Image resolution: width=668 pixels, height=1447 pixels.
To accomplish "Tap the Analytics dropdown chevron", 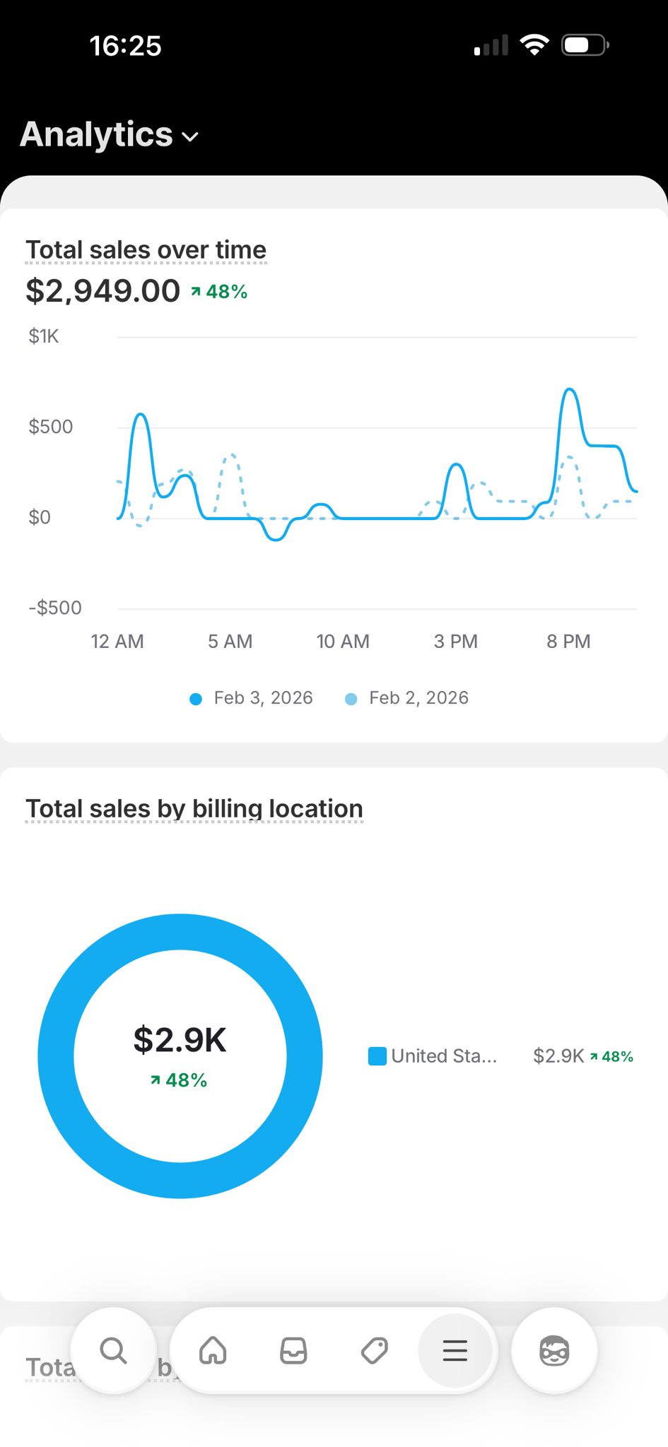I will (190, 136).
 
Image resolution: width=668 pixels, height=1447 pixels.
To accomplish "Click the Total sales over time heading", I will (146, 250).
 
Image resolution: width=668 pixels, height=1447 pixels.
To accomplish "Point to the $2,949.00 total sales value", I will (103, 291).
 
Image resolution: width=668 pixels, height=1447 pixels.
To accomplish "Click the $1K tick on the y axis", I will (43, 336).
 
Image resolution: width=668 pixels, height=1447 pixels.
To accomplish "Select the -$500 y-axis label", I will (54, 608).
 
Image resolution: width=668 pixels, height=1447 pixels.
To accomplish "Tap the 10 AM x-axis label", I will (343, 642).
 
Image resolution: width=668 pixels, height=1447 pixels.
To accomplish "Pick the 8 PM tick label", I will (568, 642).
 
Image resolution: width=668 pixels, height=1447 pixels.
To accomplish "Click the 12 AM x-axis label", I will (117, 642).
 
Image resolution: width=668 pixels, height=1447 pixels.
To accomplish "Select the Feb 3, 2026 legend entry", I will (252, 698).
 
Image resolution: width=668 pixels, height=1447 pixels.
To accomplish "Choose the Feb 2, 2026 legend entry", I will (407, 698).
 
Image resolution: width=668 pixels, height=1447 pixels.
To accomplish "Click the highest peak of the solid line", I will (570, 389).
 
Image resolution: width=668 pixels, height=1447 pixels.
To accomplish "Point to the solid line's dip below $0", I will (276, 539).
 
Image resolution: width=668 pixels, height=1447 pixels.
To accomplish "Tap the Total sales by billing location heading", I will (194, 809).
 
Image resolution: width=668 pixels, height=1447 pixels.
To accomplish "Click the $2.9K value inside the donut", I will (180, 1040).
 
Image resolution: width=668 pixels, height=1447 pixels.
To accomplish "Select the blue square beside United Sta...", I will (377, 1056).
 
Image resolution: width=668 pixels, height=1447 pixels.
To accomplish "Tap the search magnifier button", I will (113, 1351).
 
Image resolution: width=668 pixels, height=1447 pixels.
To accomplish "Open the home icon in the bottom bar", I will (213, 1351).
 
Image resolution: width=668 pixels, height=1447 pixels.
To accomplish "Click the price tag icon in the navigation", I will (374, 1351).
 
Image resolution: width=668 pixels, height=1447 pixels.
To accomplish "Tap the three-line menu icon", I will (455, 1351).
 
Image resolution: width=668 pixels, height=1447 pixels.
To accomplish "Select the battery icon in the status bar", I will (584, 46).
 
